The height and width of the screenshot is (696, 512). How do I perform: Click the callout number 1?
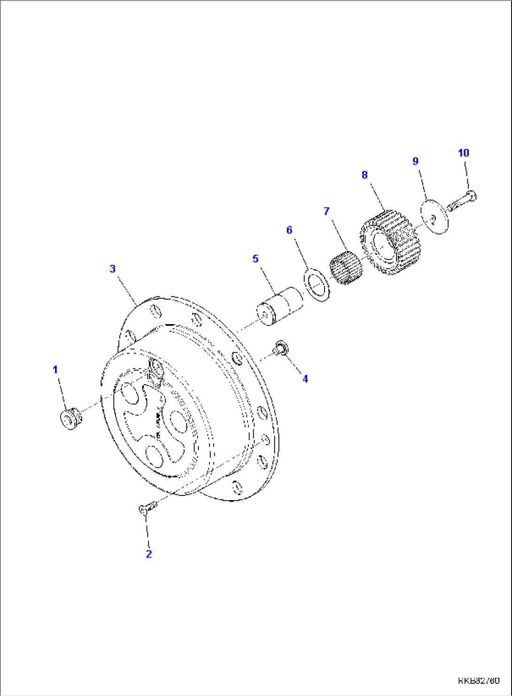(x=55, y=370)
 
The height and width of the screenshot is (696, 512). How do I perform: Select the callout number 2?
(x=149, y=554)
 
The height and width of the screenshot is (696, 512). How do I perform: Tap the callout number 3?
(x=113, y=269)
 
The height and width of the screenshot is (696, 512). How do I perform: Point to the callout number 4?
(x=305, y=379)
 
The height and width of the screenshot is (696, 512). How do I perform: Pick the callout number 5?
(x=256, y=258)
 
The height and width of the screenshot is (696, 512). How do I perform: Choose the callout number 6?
(x=289, y=230)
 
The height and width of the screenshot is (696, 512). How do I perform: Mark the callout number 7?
(x=327, y=211)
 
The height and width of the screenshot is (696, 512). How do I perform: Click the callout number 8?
(x=365, y=175)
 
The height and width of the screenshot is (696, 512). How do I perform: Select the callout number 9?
(x=415, y=161)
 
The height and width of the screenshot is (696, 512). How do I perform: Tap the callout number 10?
(x=464, y=153)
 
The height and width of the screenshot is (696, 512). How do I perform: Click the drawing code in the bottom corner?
(x=479, y=681)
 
